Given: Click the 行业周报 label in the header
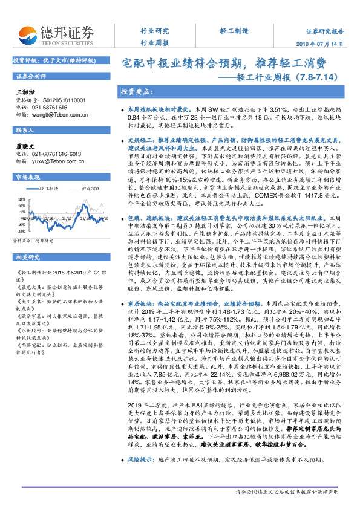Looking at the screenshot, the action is coord(154,44).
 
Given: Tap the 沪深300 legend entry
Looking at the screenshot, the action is coord(90,189).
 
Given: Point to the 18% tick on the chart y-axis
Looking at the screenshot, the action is coord(21,196).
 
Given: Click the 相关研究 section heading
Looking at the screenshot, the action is coord(27,240).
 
